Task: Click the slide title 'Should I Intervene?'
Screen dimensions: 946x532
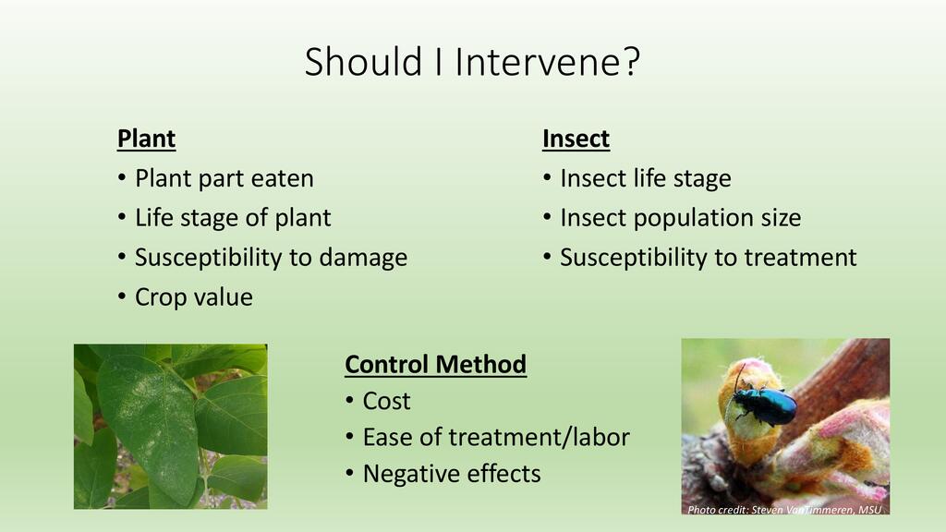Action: click(x=472, y=62)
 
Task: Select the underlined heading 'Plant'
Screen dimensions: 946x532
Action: click(x=146, y=139)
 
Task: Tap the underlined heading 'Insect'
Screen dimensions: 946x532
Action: click(x=576, y=139)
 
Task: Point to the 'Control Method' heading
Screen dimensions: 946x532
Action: click(x=436, y=364)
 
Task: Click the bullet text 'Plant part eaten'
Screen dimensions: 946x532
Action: click(x=224, y=178)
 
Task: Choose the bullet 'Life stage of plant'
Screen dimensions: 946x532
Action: click(x=233, y=218)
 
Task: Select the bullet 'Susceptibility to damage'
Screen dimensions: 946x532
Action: click(x=271, y=258)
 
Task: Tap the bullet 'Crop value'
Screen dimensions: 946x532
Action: click(x=194, y=296)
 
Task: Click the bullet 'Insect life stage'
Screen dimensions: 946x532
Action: click(x=646, y=178)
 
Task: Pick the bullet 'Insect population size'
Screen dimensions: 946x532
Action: click(x=681, y=218)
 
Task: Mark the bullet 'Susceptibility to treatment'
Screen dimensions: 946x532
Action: click(x=709, y=258)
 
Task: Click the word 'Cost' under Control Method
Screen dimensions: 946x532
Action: click(x=387, y=401)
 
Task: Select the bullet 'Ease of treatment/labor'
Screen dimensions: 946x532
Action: click(x=496, y=437)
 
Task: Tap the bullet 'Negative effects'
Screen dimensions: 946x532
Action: click(x=452, y=474)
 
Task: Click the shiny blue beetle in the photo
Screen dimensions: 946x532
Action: click(x=763, y=405)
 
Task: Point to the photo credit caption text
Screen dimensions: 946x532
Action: click(x=784, y=510)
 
